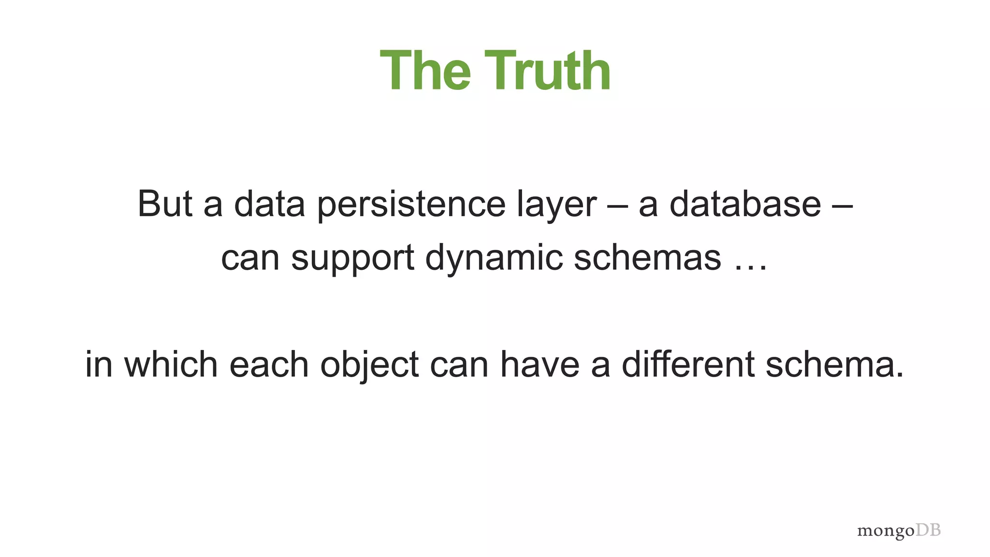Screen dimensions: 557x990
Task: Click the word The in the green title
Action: tap(425, 72)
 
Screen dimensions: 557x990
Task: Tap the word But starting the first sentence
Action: tap(165, 204)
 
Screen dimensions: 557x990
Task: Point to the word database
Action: tap(745, 204)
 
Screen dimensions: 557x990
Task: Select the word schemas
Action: tap(647, 257)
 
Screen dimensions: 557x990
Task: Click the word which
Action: tap(171, 364)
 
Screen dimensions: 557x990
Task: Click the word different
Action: tap(688, 364)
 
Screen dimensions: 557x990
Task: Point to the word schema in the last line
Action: tap(834, 365)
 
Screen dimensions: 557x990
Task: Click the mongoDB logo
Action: tap(899, 530)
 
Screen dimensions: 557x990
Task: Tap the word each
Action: tap(269, 364)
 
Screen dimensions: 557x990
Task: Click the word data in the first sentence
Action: tap(269, 204)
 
